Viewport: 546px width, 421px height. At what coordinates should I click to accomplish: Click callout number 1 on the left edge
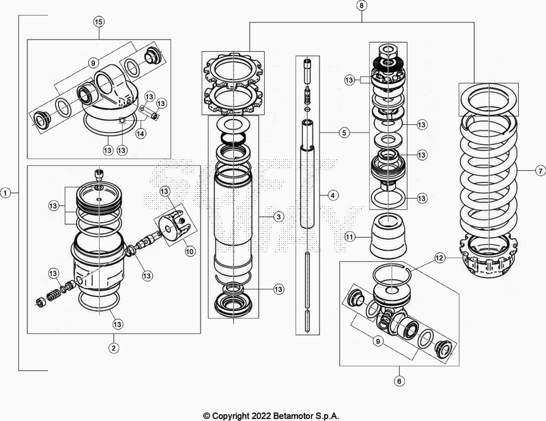[x=6, y=193]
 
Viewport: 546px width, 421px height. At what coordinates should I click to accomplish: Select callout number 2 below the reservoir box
[x=114, y=347]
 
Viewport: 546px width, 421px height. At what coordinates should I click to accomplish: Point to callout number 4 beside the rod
[x=332, y=195]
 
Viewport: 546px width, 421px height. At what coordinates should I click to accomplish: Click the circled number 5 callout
[x=345, y=131]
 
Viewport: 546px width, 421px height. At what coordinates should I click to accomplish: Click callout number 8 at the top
[x=361, y=6]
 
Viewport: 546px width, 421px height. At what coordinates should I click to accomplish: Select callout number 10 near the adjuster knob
[x=189, y=251]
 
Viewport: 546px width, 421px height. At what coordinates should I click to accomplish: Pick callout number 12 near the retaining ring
[x=440, y=258]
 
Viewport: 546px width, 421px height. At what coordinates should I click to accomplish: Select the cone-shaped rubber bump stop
[x=390, y=236]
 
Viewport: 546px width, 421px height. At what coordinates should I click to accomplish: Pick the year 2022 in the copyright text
[x=263, y=415]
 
